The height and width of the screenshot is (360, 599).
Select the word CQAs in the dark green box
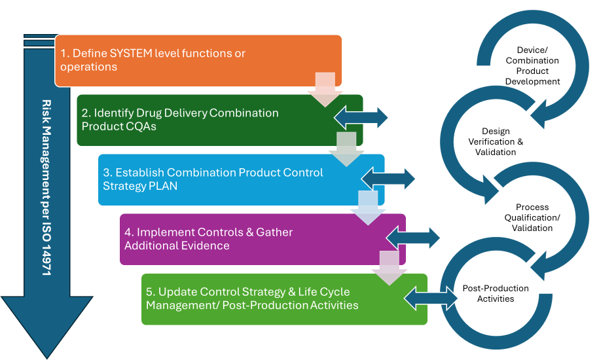coord(141,126)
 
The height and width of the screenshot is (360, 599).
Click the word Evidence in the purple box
coord(207,245)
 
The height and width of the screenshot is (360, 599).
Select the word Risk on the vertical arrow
coord(46,109)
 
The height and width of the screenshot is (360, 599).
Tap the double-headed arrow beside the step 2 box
coord(361,118)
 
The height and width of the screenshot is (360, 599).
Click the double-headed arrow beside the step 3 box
coord(389,178)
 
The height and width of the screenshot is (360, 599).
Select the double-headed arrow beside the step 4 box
coord(414,238)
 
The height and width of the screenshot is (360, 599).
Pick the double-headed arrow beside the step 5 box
coord(432,298)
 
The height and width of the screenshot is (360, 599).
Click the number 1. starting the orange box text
coord(65,53)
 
